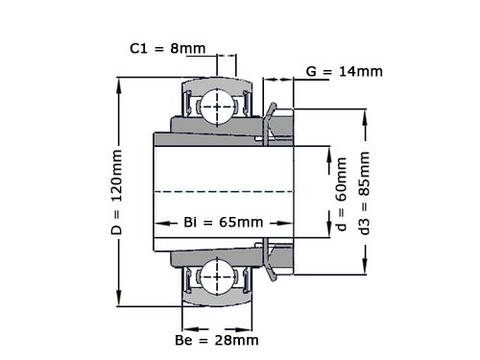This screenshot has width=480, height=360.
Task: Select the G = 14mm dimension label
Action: (344, 71)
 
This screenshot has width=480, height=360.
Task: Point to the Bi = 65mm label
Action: (223, 223)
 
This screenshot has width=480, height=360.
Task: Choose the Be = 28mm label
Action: (217, 340)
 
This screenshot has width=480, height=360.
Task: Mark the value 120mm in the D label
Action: (116, 181)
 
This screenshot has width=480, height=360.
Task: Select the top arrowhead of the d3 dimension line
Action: (364, 114)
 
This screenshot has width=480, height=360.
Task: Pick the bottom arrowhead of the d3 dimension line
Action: (364, 271)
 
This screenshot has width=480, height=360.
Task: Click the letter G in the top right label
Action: (311, 71)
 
